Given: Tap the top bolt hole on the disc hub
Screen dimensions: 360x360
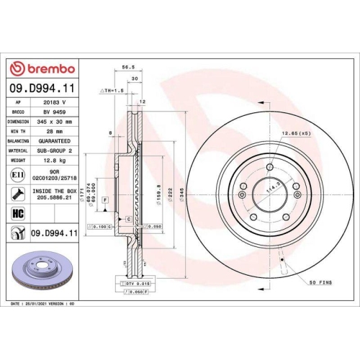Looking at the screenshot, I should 269,167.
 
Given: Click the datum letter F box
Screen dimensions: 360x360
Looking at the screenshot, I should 106,199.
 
